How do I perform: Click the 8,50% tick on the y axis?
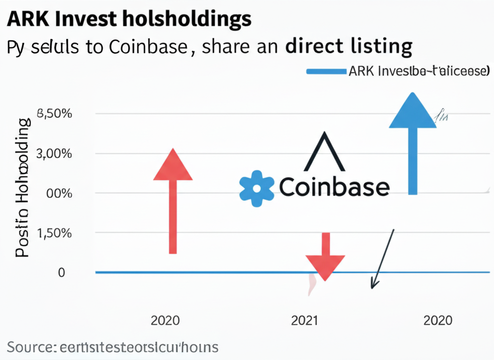pyautogui.click(x=55, y=114)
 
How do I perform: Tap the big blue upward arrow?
pyautogui.click(x=412, y=140)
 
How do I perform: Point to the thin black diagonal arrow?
pyautogui.click(x=383, y=258)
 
